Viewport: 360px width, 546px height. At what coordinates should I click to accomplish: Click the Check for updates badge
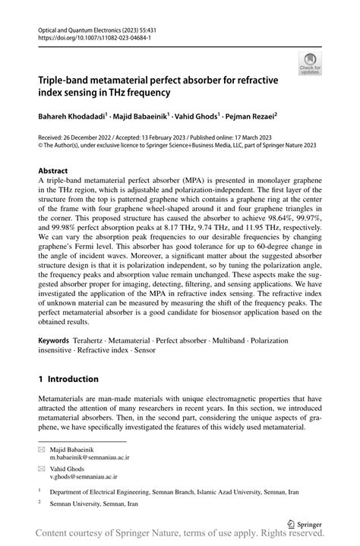coord(311,64)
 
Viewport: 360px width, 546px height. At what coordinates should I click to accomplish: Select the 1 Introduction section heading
coord(68,379)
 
